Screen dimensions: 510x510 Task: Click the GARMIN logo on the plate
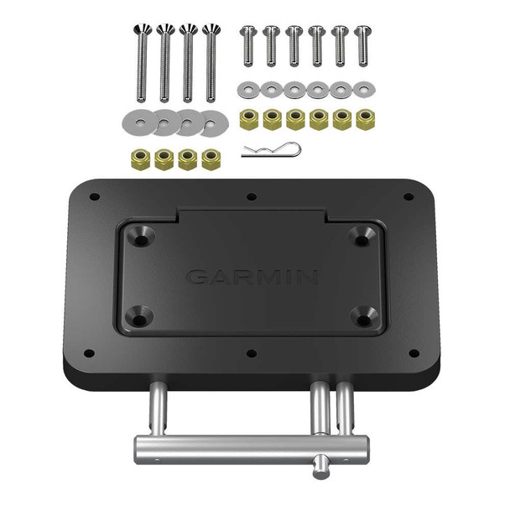click(252, 276)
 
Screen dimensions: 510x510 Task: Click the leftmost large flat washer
click(138, 121)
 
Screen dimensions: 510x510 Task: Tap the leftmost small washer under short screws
click(247, 88)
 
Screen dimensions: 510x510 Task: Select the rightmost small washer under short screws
click(363, 88)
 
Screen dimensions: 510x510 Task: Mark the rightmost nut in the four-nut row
click(211, 159)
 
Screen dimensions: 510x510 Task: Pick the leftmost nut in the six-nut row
click(248, 118)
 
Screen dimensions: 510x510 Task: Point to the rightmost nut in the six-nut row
click(364, 118)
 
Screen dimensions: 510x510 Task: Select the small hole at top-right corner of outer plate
click(409, 197)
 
